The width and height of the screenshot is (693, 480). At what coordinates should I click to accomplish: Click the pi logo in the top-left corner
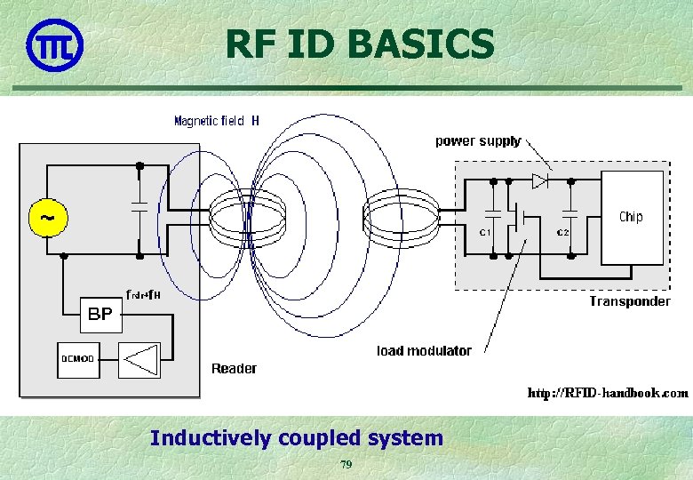(x=54, y=44)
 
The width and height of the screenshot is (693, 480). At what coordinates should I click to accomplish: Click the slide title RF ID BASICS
(x=359, y=44)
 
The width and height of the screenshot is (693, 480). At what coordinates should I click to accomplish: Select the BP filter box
(x=100, y=313)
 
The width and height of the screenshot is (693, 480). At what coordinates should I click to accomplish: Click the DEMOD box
(x=77, y=358)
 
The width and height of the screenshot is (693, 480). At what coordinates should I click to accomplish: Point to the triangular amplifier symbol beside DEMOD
(x=139, y=358)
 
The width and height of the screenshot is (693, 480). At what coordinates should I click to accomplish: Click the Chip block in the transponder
(x=632, y=217)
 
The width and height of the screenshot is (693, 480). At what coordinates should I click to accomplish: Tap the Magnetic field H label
(x=217, y=121)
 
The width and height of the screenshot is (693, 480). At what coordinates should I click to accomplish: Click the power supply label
(x=478, y=141)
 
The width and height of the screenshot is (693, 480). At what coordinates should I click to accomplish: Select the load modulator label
(x=424, y=350)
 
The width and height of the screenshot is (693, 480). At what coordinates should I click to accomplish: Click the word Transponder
(x=629, y=301)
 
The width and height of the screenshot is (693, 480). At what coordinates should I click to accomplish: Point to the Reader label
(x=234, y=368)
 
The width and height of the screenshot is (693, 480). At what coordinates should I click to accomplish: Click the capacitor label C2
(x=563, y=233)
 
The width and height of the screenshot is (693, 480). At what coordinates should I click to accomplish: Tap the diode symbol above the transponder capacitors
(x=539, y=181)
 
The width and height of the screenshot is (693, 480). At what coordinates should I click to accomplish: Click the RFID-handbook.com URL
(x=608, y=392)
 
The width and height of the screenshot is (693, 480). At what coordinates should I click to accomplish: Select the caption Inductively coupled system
(x=297, y=437)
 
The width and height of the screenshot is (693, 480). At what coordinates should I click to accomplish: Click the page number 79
(x=346, y=465)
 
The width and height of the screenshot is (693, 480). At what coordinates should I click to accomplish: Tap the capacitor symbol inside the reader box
(x=139, y=207)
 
